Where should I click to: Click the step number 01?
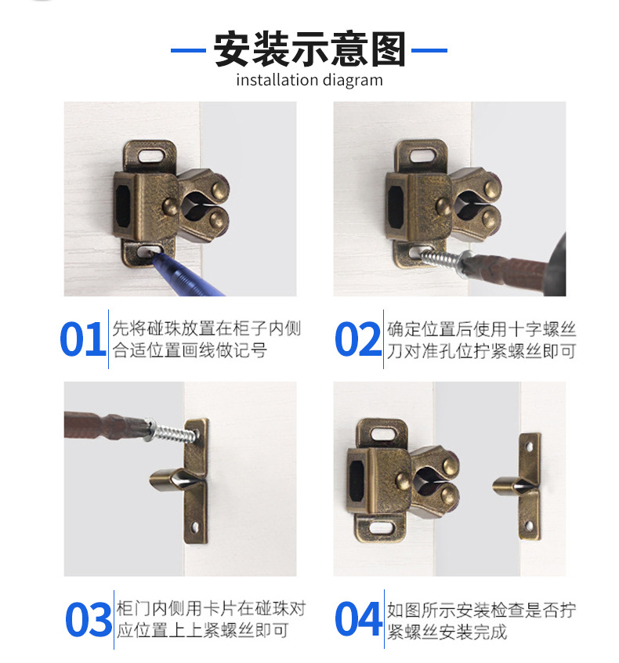tap(83, 339)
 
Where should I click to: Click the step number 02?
tap(358, 339)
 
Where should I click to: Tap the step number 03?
tap(89, 619)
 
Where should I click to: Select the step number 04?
tap(358, 618)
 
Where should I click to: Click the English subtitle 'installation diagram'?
tap(309, 80)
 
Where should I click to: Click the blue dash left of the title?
tap(188, 50)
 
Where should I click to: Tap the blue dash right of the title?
tap(429, 50)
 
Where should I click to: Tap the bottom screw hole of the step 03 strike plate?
tap(196, 527)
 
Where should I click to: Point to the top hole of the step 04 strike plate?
tap(529, 447)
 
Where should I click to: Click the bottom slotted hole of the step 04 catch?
tap(382, 527)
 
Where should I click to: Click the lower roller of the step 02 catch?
tap(490, 217)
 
